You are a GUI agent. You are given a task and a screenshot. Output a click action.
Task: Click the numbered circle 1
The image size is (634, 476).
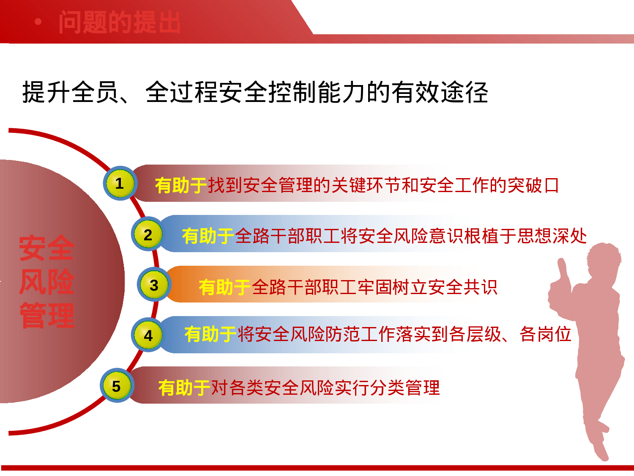120,184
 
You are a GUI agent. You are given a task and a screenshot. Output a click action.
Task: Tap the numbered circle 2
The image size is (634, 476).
148,234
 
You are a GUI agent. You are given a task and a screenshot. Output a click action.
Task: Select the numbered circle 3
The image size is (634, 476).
154,285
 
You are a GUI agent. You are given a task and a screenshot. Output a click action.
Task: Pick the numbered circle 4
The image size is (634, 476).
148,335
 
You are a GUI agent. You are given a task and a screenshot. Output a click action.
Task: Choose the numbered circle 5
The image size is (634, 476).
116,386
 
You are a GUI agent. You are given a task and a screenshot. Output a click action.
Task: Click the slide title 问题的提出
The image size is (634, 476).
120,22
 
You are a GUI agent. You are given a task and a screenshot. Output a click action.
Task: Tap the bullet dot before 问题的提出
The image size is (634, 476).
38,22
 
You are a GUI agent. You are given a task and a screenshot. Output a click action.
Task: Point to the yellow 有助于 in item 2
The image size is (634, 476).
208,236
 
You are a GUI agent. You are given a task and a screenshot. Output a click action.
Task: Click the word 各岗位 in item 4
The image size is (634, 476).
545,334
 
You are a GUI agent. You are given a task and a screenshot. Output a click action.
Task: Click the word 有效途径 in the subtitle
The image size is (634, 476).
439,92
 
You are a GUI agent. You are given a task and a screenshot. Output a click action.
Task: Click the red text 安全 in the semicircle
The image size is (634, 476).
46,248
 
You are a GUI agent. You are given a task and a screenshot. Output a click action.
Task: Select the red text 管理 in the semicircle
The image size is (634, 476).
46,316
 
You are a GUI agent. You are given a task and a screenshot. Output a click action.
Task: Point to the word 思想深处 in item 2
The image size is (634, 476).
552,236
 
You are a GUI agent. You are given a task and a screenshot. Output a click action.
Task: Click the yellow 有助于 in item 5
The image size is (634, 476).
184,388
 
